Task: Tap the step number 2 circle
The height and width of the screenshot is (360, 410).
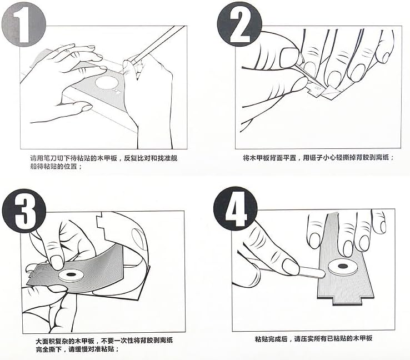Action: pos(237,23)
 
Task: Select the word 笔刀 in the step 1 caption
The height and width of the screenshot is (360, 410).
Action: pos(49,158)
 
